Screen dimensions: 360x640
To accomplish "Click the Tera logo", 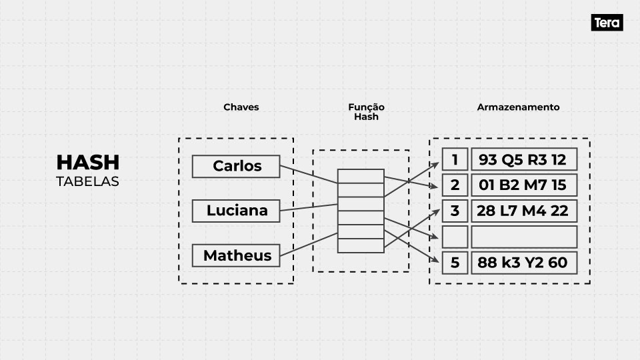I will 607,23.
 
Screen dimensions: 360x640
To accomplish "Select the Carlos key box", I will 236,166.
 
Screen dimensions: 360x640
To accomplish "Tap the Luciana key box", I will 236,211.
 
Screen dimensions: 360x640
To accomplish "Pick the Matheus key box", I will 236,255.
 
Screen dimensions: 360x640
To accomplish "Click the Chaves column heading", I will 241,107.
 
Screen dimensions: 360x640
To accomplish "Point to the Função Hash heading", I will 366,111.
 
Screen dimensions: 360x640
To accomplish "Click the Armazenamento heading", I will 518,107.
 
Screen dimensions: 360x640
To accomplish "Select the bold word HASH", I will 88,162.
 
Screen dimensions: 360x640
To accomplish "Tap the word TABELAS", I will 88,181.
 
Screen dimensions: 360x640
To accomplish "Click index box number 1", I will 455,159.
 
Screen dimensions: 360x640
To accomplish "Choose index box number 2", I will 455,185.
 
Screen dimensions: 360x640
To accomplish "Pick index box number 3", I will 455,211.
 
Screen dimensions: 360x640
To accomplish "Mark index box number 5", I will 455,263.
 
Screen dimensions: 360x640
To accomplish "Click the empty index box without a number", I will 455,237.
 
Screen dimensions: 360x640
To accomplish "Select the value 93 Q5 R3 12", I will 523,159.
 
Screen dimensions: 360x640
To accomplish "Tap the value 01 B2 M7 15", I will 523,185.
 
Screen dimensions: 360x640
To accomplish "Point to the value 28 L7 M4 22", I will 523,211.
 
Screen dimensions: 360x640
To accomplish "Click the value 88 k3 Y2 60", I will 523,263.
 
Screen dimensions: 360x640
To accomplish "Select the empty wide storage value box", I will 523,237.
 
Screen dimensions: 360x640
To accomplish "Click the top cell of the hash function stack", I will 360,176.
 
